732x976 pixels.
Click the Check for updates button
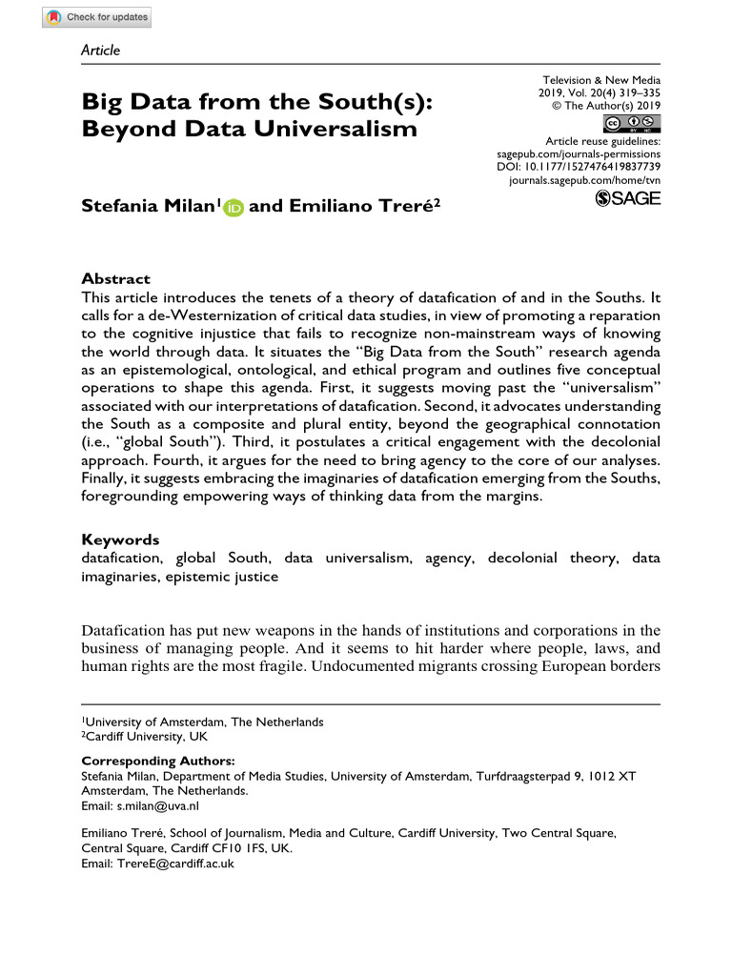[98, 17]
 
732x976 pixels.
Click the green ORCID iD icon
[234, 207]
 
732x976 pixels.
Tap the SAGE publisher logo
[627, 197]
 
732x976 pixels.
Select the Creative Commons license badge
[632, 123]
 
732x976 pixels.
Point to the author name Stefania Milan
[151, 205]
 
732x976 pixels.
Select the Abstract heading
[115, 279]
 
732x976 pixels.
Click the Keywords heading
[120, 539]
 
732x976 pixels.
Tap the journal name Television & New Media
[601, 80]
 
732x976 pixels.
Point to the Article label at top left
[101, 51]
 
